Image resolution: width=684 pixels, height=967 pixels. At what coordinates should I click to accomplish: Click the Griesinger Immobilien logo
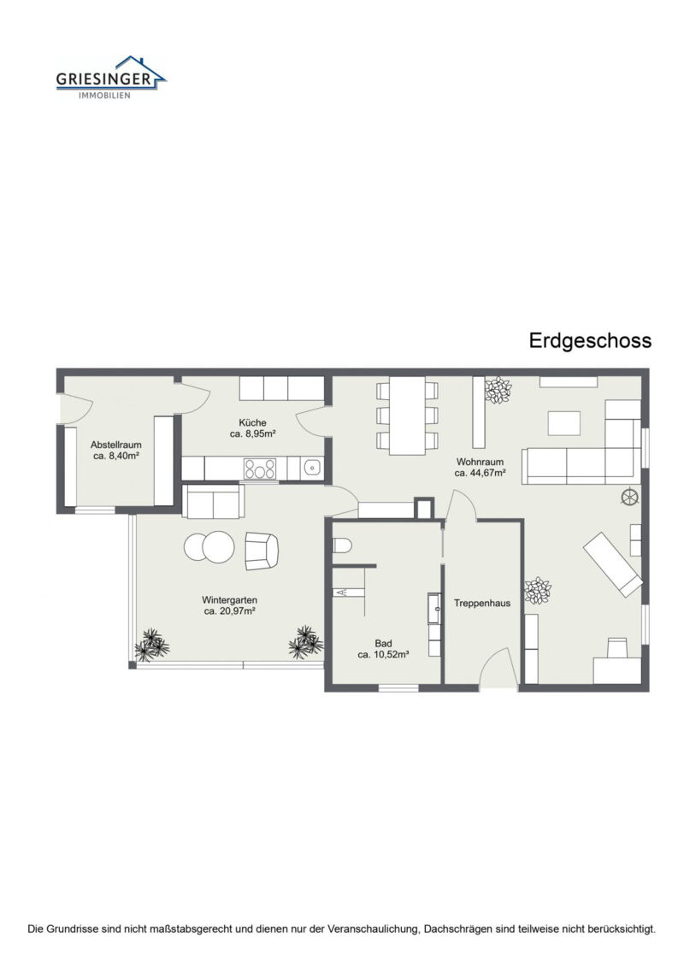click(x=110, y=78)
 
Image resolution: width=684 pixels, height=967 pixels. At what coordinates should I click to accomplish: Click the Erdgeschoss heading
click(x=590, y=340)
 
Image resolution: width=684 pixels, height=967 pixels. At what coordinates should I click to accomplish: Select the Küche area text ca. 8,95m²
click(x=253, y=434)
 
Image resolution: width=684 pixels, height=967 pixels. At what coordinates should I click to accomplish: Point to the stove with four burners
click(x=261, y=469)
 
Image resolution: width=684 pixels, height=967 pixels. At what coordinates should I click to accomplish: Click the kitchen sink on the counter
click(x=313, y=468)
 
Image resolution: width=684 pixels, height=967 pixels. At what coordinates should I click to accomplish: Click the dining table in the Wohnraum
click(x=408, y=416)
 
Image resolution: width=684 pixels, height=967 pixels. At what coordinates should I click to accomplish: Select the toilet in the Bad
click(x=342, y=545)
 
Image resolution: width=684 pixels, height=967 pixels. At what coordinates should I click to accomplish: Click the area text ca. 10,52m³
click(x=383, y=655)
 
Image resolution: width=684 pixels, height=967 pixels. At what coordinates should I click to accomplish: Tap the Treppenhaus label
click(x=482, y=603)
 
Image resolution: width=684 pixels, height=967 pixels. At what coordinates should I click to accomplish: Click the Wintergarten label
click(x=230, y=599)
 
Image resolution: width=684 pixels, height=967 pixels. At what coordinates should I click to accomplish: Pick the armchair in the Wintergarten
click(x=262, y=551)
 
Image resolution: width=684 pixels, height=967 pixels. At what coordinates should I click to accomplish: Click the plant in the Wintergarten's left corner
click(x=151, y=646)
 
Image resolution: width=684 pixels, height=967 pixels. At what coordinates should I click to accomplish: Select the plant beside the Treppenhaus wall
click(x=538, y=591)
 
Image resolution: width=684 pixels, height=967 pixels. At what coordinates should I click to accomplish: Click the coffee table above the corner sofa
click(x=563, y=422)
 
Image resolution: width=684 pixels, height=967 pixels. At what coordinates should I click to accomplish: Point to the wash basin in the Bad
click(x=433, y=612)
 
